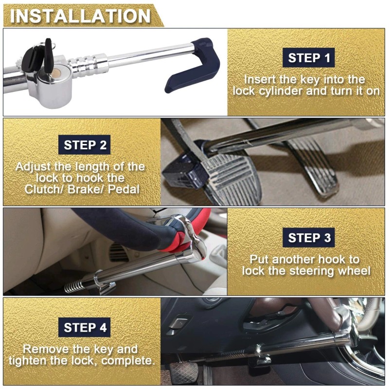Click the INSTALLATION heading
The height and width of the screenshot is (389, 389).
tap(80, 16)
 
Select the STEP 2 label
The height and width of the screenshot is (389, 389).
tap(85, 145)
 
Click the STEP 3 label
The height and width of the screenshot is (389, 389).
tap(309, 238)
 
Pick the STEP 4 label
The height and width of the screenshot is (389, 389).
tap(85, 327)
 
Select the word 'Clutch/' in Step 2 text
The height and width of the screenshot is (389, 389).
tap(43, 189)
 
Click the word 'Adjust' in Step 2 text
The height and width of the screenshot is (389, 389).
tap(33, 167)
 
